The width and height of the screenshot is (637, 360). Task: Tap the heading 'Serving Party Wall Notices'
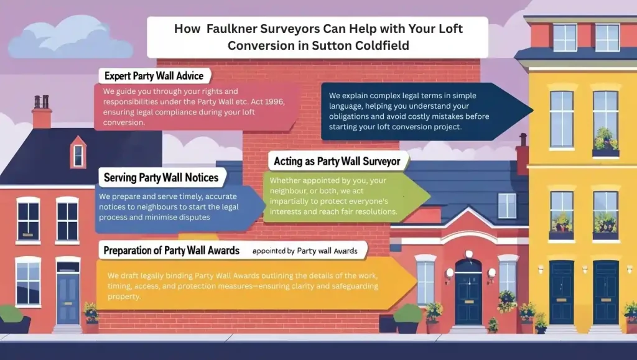(x=160, y=177)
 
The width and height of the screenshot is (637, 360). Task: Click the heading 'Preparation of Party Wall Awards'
(x=171, y=251)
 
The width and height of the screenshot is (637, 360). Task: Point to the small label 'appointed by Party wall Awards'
(x=305, y=251)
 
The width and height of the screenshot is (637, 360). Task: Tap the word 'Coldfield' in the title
(x=379, y=45)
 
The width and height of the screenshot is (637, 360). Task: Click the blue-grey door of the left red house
(x=68, y=297)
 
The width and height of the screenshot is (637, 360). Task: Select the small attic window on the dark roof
(x=78, y=154)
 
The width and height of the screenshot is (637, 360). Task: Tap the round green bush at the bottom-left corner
(x=10, y=315)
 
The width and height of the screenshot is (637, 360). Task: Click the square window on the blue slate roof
(x=506, y=206)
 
